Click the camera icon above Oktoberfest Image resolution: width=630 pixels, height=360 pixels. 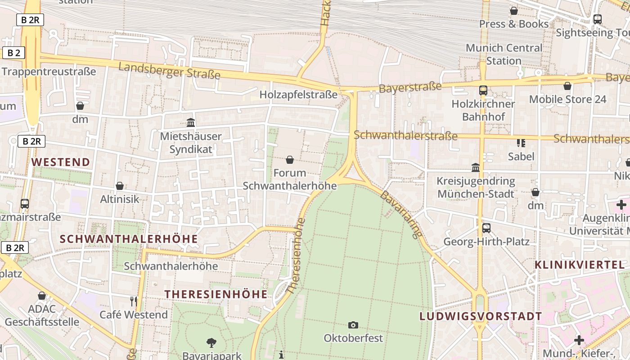pyautogui.click(x=353, y=325)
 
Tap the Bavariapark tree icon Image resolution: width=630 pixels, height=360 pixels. pyautogui.click(x=211, y=343)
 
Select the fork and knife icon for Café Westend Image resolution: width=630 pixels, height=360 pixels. pyautogui.click(x=133, y=301)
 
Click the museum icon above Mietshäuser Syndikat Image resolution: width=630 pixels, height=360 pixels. pyautogui.click(x=191, y=122)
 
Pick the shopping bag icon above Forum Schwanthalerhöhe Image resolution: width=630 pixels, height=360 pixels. pyautogui.click(x=290, y=160)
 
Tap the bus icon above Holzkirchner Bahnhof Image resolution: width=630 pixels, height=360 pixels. pyautogui.click(x=483, y=90)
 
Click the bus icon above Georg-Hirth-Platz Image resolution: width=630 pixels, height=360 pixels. pyautogui.click(x=486, y=228)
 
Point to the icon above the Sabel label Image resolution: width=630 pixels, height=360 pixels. pyautogui.click(x=521, y=143)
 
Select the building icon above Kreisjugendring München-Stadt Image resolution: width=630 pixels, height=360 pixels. pyautogui.click(x=476, y=168)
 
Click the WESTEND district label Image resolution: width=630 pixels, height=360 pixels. pyautogui.click(x=61, y=162)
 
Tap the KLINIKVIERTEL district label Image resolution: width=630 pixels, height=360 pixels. pyautogui.click(x=580, y=265)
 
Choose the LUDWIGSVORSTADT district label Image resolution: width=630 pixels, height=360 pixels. pyautogui.click(x=481, y=316)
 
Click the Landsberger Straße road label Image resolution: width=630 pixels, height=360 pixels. pyautogui.click(x=169, y=71)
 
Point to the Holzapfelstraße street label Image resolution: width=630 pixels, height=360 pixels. pyautogui.click(x=298, y=94)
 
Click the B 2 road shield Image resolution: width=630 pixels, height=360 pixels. pyautogui.click(x=14, y=53)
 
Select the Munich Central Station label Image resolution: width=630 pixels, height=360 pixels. pyautogui.click(x=504, y=54)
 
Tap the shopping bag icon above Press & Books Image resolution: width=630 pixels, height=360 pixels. pyautogui.click(x=513, y=11)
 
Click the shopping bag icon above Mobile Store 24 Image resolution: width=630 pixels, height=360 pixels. pyautogui.click(x=567, y=85)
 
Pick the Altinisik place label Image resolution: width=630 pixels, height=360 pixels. pyautogui.click(x=120, y=199)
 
